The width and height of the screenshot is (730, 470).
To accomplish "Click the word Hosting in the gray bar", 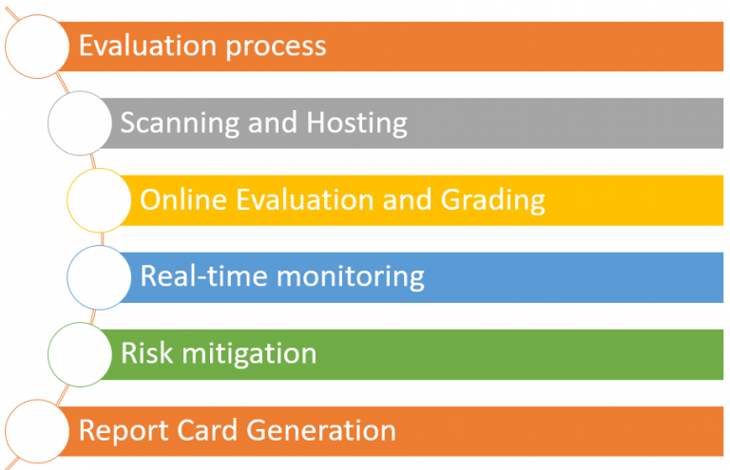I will tap(356, 122).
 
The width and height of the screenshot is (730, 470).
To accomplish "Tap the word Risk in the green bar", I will tap(142, 353).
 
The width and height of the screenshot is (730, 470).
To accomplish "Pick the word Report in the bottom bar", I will tap(120, 430).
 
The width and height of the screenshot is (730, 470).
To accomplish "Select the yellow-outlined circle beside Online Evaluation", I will tap(99, 200).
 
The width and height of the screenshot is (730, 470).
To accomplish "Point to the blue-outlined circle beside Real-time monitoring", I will tap(99, 277).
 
